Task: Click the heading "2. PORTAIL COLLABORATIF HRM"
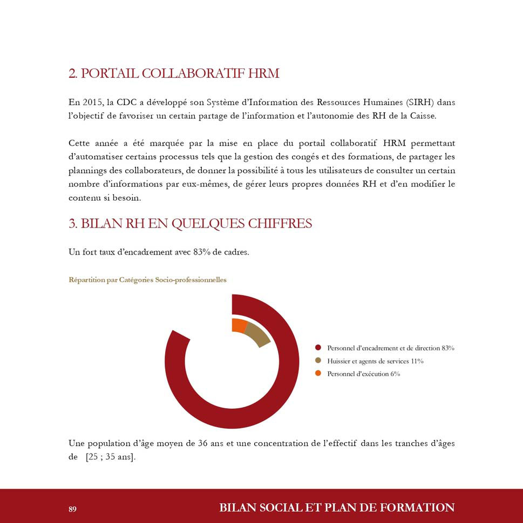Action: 174,73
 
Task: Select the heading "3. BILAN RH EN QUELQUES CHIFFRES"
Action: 190,223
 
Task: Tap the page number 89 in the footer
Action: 73,509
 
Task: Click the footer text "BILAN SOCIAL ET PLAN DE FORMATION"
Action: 337,508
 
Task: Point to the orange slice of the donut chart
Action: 239,325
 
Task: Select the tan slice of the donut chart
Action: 257,334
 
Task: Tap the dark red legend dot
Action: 318,348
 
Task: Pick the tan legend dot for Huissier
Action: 318,361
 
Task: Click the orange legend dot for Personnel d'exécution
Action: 318,374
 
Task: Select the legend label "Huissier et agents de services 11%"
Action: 375,361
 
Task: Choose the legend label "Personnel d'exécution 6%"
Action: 363,374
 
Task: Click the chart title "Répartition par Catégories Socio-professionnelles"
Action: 147,280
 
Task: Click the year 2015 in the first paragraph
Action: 93,102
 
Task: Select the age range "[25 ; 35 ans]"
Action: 111,457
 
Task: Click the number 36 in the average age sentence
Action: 203,444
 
